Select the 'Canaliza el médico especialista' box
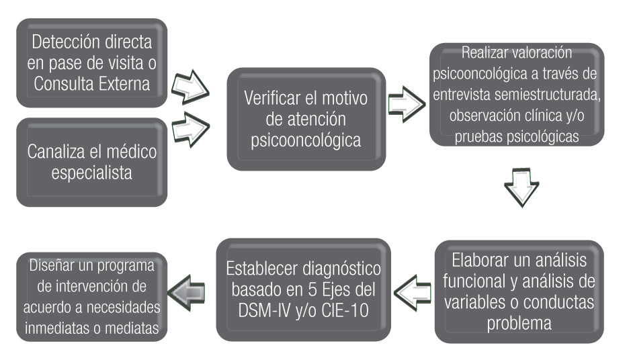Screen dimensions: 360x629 click(91, 162)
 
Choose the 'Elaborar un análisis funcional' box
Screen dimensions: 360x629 click(519, 290)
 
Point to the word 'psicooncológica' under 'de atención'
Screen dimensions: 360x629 click(304, 142)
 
